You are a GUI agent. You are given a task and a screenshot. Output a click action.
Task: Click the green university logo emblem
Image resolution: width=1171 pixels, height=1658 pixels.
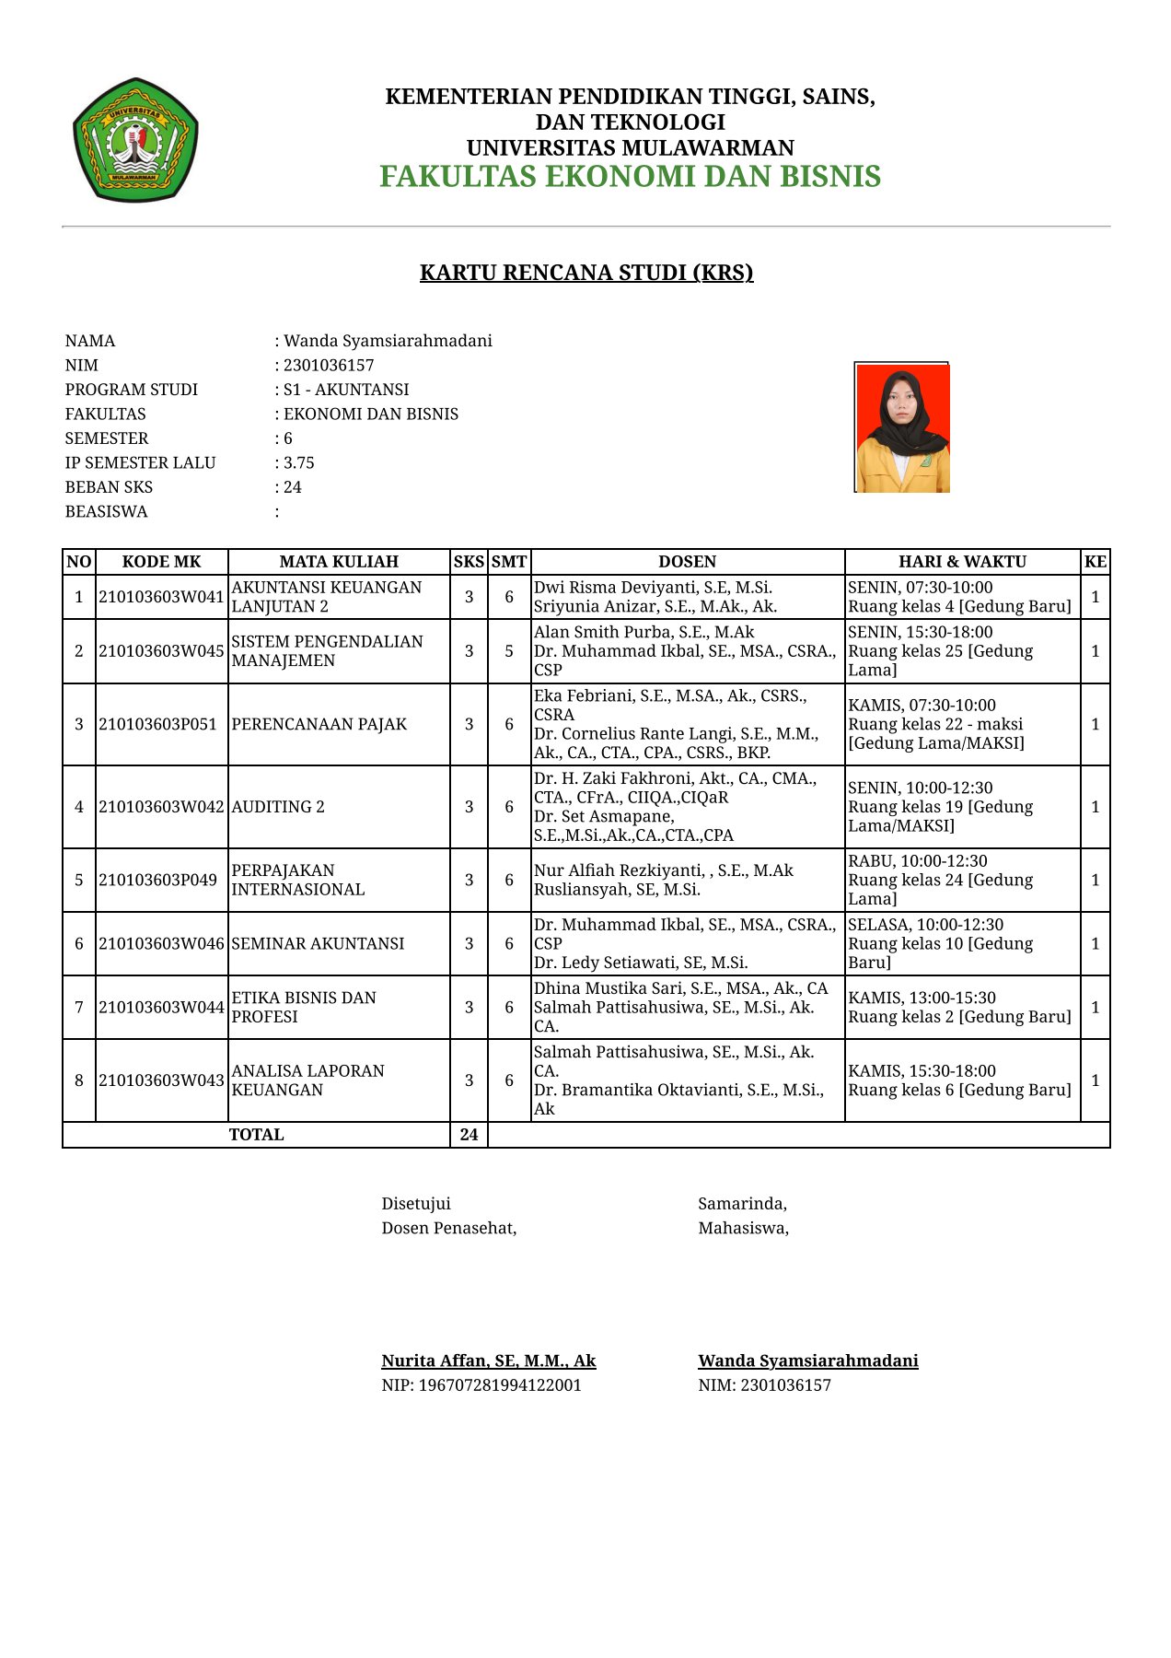[135, 140]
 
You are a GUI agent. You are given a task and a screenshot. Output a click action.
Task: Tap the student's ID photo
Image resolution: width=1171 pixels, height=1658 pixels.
[901, 427]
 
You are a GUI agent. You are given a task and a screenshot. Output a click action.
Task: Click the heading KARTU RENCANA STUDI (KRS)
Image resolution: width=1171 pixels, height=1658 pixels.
[586, 273]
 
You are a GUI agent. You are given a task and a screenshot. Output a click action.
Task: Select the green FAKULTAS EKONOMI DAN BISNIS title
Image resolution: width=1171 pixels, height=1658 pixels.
[630, 176]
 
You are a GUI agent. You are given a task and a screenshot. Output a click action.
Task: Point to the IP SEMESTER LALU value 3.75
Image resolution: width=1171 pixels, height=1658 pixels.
[298, 462]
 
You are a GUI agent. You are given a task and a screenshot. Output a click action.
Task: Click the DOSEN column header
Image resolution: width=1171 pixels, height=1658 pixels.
[687, 562]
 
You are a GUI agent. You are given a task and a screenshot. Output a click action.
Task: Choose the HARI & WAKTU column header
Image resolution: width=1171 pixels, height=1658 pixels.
[962, 562]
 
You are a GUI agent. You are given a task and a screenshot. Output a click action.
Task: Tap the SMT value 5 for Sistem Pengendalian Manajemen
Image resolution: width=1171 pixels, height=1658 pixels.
[509, 651]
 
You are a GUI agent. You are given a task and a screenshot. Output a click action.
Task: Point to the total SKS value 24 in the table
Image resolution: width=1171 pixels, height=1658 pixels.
[469, 1135]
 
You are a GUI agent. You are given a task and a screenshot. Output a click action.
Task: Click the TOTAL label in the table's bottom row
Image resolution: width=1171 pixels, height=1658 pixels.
[256, 1135]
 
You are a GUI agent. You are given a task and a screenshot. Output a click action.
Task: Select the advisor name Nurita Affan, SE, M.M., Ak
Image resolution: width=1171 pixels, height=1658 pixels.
[489, 1360]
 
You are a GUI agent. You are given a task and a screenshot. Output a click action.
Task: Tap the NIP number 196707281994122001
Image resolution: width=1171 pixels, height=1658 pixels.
[500, 1385]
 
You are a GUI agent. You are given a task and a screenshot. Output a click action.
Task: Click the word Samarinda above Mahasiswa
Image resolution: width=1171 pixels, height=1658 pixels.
[742, 1204]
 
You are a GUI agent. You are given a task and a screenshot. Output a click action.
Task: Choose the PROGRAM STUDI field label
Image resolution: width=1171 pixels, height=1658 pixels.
[132, 390]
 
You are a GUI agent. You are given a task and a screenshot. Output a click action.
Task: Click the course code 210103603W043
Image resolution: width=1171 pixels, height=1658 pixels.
[161, 1080]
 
